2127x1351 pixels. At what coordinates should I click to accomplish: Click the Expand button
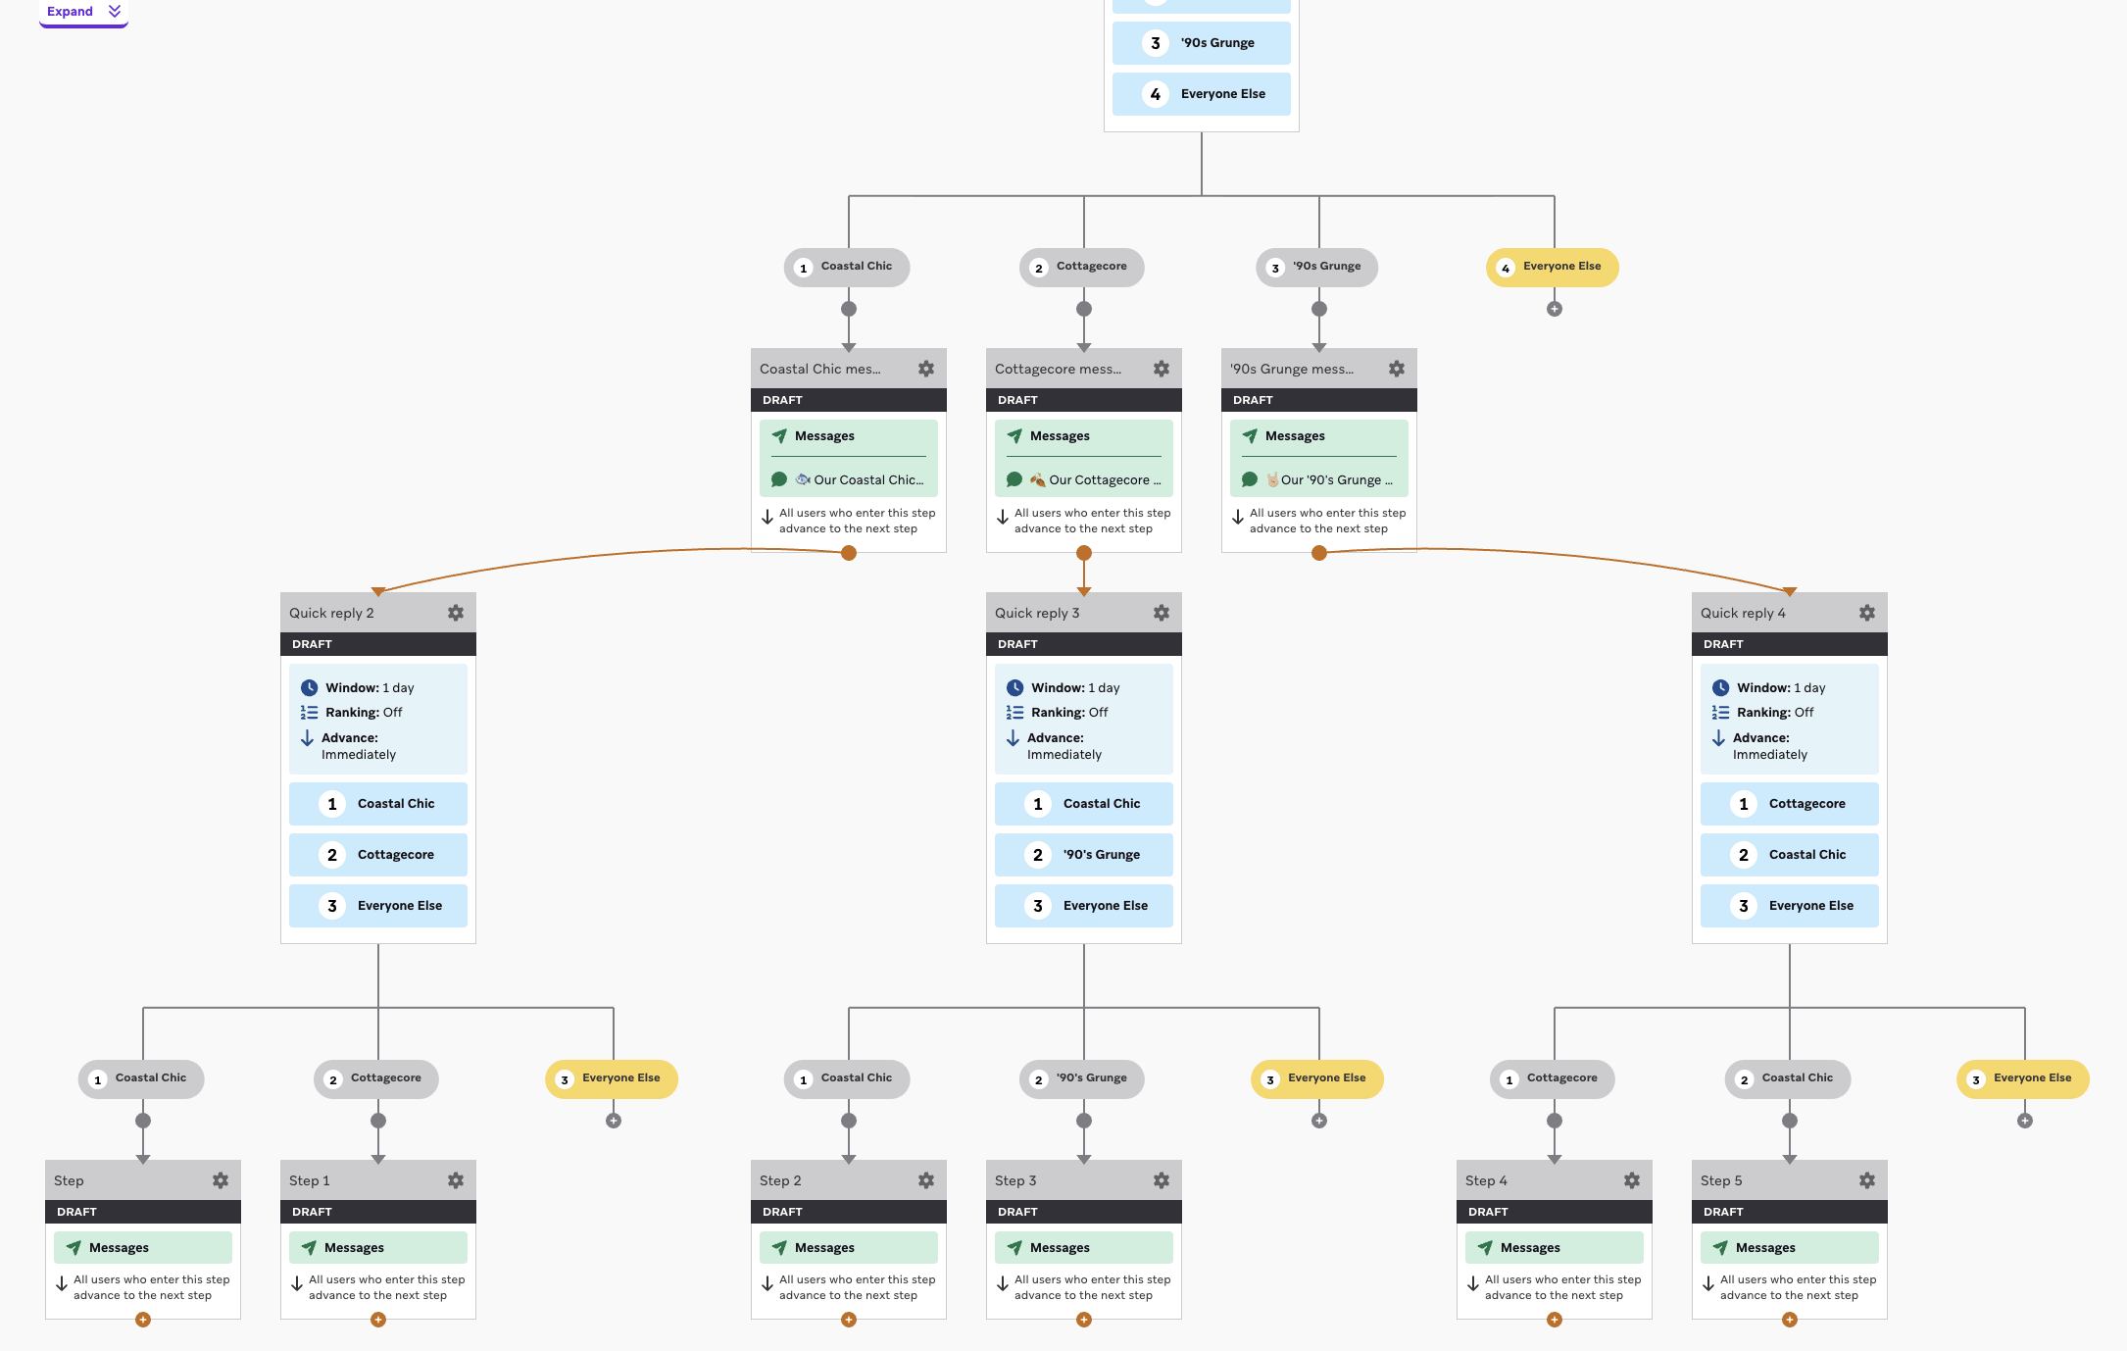pos(83,12)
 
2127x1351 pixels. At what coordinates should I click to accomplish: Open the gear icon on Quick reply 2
pos(456,613)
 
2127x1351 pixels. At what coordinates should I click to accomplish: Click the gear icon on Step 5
pos(1867,1180)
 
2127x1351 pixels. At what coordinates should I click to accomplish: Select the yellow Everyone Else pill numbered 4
pos(1553,267)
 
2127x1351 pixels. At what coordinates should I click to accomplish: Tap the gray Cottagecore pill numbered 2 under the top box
pos(1082,267)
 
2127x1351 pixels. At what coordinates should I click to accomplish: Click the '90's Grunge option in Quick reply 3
pos(1084,855)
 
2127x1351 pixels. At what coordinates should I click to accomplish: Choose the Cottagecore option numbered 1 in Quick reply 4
pos(1790,804)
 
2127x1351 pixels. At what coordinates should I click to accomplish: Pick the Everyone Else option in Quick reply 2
pos(378,906)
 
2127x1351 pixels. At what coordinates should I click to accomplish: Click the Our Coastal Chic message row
pos(849,479)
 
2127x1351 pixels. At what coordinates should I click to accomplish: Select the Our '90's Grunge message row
pos(1319,479)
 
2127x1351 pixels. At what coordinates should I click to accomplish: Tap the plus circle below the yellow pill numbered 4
pos(1555,309)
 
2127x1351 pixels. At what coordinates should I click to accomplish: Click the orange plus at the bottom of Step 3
pos(1084,1320)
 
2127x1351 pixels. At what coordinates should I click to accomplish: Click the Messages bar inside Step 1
pos(378,1247)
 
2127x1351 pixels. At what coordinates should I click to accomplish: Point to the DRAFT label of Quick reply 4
pos(1723,644)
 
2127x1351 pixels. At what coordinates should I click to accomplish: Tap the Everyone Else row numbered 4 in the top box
pos(1202,94)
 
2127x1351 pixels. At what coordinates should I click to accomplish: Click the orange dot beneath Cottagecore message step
pos(1084,553)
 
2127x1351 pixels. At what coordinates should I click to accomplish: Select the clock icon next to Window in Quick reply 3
pos(1015,688)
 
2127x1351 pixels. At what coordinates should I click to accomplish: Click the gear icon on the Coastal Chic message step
pos(926,369)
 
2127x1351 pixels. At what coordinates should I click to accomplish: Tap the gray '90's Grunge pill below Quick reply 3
pos(1082,1078)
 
